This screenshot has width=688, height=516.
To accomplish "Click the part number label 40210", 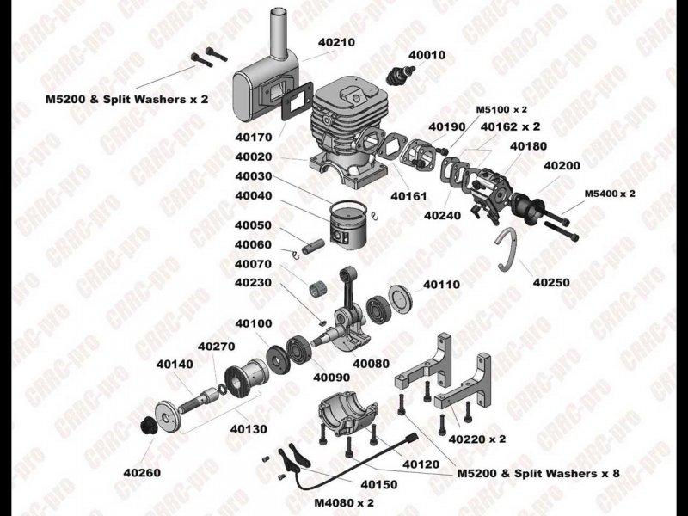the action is [x=336, y=42].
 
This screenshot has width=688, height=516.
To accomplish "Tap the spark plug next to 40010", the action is [x=400, y=74].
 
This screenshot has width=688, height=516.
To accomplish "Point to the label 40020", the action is [x=254, y=157].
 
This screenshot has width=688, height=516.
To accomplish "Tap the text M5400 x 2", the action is [x=610, y=193].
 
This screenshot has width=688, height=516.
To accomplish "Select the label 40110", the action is [x=441, y=285].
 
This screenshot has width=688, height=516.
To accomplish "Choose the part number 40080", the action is [x=371, y=364].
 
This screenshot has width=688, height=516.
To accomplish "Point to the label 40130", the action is [x=249, y=429].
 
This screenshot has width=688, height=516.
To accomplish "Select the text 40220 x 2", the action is [x=477, y=439].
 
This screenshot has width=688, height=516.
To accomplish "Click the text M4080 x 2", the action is [x=344, y=503].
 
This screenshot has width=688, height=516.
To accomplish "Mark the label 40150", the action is [x=378, y=484].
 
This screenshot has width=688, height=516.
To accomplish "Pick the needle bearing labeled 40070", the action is [x=319, y=289].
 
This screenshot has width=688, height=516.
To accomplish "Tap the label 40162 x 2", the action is [x=510, y=126].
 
